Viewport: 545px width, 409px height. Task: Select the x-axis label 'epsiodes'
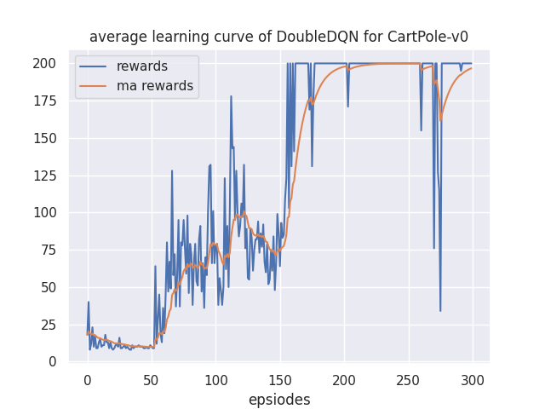pos(279,400)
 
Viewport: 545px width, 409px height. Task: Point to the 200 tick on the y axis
pos(52,64)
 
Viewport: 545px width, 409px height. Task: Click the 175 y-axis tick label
pos(52,101)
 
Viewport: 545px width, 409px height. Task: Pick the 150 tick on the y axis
pos(52,138)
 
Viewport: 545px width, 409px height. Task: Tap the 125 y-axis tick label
pos(52,176)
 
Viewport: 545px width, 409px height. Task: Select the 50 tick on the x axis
pos(152,379)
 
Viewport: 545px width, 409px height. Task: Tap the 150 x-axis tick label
pos(280,379)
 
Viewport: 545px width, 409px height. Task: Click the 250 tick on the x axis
pos(409,379)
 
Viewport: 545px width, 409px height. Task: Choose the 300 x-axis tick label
pos(473,379)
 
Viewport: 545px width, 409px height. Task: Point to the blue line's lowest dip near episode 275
pos(440,311)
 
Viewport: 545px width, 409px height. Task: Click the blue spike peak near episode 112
pos(231,96)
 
